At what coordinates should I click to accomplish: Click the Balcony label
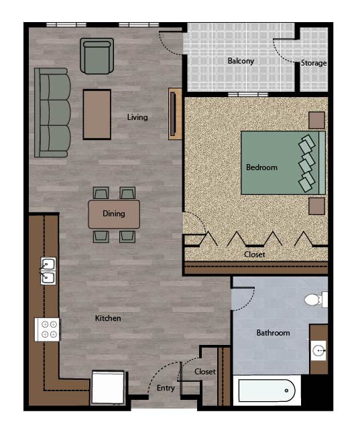tap(241, 61)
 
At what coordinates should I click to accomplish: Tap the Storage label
tap(314, 63)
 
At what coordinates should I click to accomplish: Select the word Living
tap(137, 117)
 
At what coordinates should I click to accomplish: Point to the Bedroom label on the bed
tap(261, 167)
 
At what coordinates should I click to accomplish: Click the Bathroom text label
tap(273, 333)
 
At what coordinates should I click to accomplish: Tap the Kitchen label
tap(108, 318)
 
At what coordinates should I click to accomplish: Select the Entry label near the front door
tap(166, 388)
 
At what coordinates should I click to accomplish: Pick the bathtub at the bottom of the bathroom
tap(267, 390)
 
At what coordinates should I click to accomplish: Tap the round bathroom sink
tap(319, 350)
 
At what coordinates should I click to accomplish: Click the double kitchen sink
tap(48, 271)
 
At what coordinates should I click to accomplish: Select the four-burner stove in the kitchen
tap(48, 330)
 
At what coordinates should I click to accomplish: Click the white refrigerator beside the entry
tap(108, 387)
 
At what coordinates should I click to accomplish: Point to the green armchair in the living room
tap(97, 56)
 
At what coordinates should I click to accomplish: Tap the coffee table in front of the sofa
tap(97, 114)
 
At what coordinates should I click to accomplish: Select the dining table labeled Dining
tap(114, 214)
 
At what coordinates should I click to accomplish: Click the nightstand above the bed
tap(316, 120)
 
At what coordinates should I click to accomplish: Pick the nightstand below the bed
tap(316, 206)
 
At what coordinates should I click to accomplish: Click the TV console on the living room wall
tap(174, 114)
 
